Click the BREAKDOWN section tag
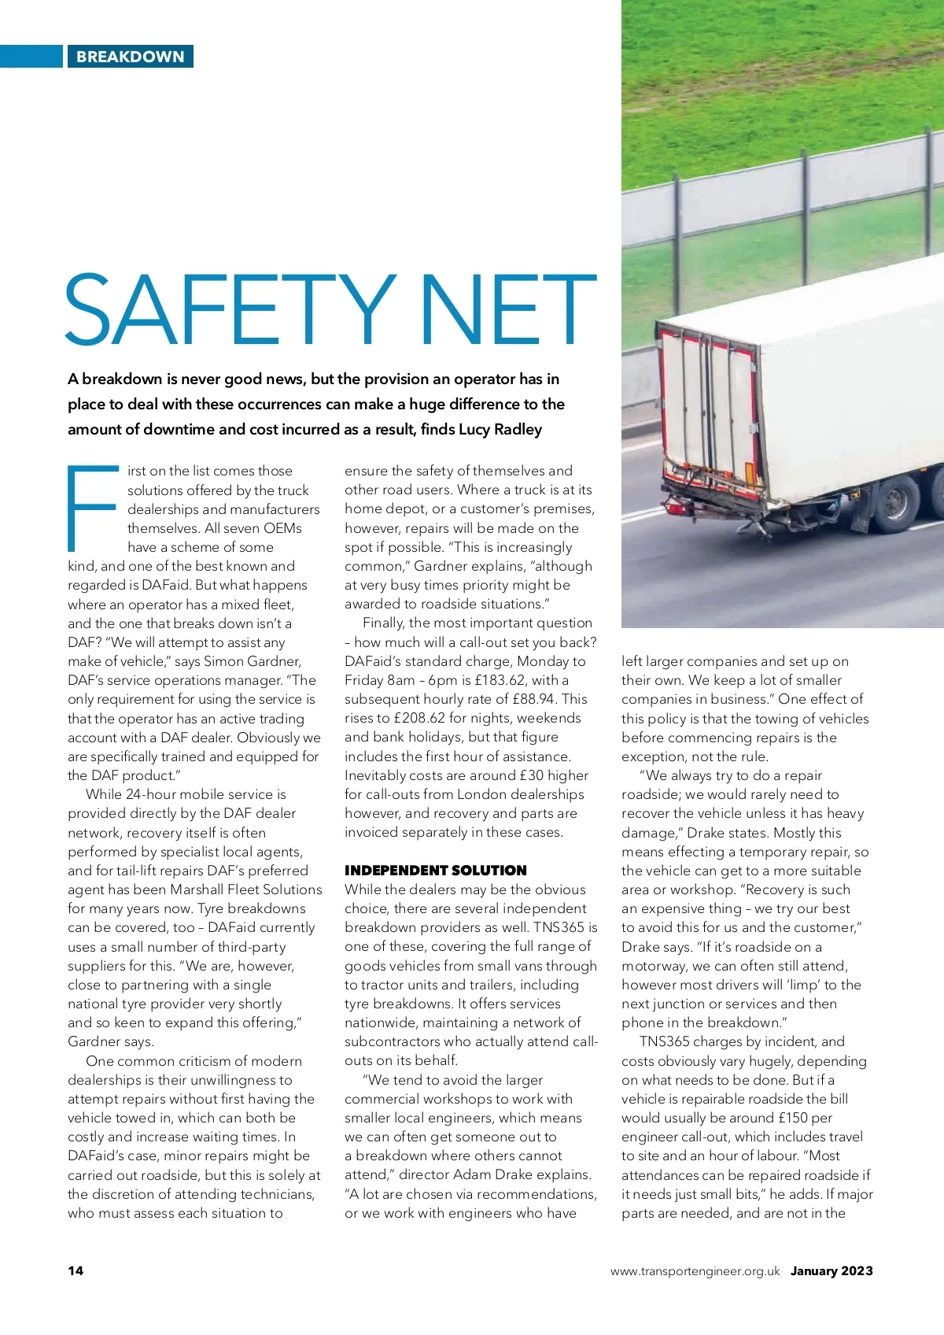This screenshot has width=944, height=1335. [130, 57]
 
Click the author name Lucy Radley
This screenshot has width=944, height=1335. [502, 430]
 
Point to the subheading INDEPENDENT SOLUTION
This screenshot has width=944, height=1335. [435, 871]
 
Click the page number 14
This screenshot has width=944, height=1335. [76, 1270]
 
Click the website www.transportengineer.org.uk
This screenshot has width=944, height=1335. [695, 1270]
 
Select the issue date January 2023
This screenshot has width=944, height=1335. [832, 1270]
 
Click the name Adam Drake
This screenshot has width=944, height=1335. [488, 1174]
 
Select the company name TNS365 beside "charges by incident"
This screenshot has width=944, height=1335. [663, 1041]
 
